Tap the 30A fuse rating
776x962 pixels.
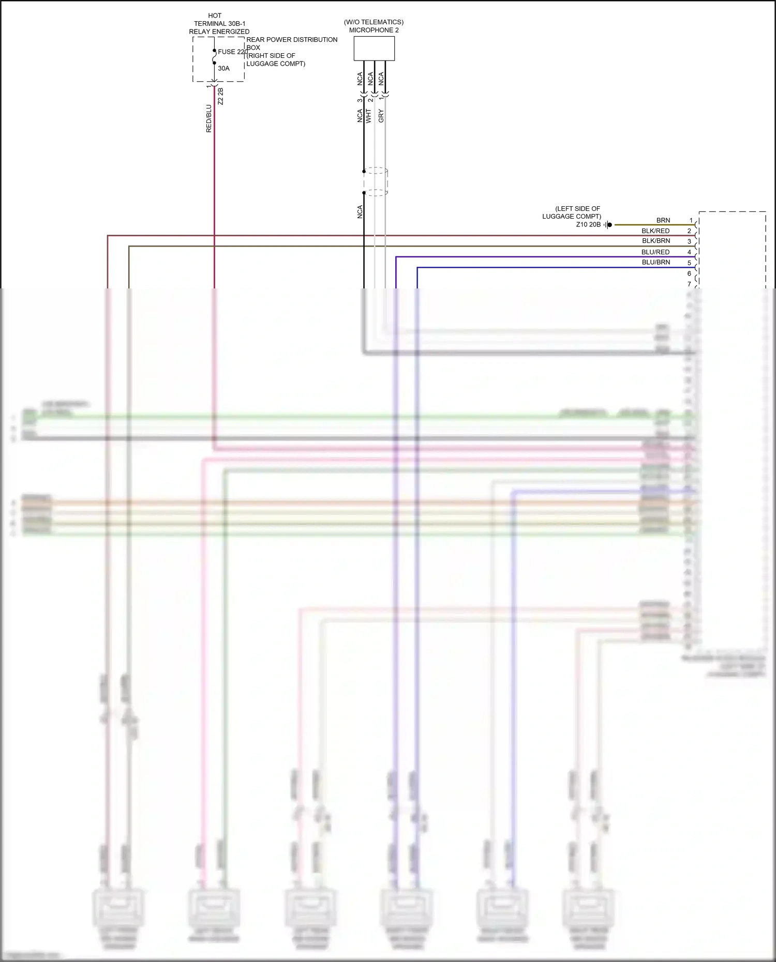(223, 68)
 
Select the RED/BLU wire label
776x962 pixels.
(209, 118)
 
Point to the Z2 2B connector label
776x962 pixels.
(220, 96)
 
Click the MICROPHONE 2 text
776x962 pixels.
(374, 30)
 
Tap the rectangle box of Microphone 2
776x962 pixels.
(374, 48)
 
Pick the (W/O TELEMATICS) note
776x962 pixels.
(374, 22)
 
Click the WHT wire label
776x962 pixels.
(369, 116)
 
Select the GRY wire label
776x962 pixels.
(381, 116)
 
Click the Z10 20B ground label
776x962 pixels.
(588, 225)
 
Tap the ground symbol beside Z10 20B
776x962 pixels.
(608, 225)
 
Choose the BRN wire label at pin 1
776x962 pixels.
(663, 220)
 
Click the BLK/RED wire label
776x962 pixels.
(655, 231)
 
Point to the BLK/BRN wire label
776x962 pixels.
(655, 241)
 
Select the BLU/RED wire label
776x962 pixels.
(655, 252)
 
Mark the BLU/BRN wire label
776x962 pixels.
(655, 262)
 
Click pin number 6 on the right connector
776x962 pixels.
(689, 273)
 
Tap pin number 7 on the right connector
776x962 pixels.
(689, 284)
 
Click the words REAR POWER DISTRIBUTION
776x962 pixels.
(292, 40)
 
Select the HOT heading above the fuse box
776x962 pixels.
(215, 16)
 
